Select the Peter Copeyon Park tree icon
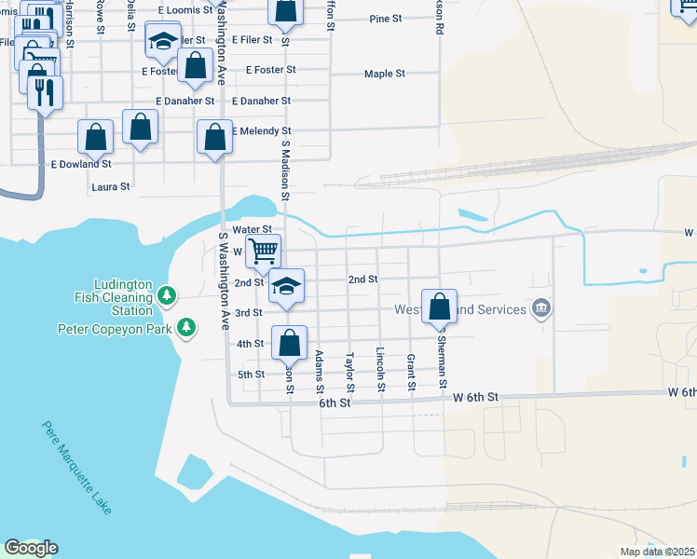pos(188,328)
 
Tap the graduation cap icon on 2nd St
pos(287,285)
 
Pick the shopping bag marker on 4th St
pos(290,342)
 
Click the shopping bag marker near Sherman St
pos(439,306)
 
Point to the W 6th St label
pos(476,397)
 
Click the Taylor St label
pos(349,372)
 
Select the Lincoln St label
pos(379,369)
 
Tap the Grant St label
pos(410,372)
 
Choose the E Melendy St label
pos(261,131)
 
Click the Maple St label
pos(385,74)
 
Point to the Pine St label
pos(385,19)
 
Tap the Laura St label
pos(110,186)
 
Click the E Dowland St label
pos(80,164)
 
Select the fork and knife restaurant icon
pos(45,91)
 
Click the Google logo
pos(31,548)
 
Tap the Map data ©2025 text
pos(657,552)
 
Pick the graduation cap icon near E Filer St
pos(162,41)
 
